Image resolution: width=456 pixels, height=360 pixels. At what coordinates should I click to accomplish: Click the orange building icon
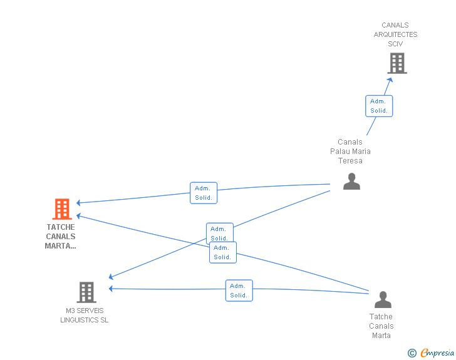pyautogui.click(x=62, y=208)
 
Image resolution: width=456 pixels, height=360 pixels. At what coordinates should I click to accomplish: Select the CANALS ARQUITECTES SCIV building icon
pyautogui.click(x=397, y=63)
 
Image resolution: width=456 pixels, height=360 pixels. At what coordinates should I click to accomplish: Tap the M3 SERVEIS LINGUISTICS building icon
pyautogui.click(x=86, y=292)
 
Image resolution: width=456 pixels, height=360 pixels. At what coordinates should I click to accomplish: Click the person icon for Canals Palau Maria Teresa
pyautogui.click(x=351, y=181)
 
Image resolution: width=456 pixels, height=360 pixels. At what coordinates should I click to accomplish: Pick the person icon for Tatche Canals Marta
pyautogui.click(x=383, y=299)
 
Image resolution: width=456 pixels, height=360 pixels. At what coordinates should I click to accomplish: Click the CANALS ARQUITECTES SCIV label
pyautogui.click(x=395, y=34)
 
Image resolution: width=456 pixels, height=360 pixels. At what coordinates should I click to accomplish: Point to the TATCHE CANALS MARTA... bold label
pyautogui.click(x=61, y=237)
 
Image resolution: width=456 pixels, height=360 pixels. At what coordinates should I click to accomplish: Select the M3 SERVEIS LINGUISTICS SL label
pyautogui.click(x=85, y=315)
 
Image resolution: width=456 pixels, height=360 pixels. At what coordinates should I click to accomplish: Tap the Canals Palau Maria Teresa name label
pyautogui.click(x=350, y=152)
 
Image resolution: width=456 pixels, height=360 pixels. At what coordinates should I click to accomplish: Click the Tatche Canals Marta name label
pyautogui.click(x=381, y=326)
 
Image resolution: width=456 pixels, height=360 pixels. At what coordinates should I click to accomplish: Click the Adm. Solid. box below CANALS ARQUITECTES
pyautogui.click(x=379, y=106)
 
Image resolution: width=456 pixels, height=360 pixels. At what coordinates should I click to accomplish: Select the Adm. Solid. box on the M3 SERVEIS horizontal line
pyautogui.click(x=239, y=291)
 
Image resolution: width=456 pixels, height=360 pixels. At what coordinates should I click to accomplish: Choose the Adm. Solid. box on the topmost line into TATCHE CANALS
pyautogui.click(x=204, y=193)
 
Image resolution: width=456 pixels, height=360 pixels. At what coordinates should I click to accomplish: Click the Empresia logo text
pyautogui.click(x=437, y=352)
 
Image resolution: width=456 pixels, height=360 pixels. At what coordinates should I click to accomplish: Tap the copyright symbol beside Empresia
pyautogui.click(x=412, y=353)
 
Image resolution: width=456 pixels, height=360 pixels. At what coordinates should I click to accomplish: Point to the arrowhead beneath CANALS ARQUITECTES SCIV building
pyautogui.click(x=390, y=80)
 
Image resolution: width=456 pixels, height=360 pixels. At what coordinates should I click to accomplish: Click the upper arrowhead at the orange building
pyautogui.click(x=78, y=203)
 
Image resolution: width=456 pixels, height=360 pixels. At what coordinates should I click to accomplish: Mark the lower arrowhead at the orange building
pyautogui.click(x=78, y=215)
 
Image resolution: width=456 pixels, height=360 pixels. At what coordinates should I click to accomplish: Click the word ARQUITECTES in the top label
pyautogui.click(x=395, y=34)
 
